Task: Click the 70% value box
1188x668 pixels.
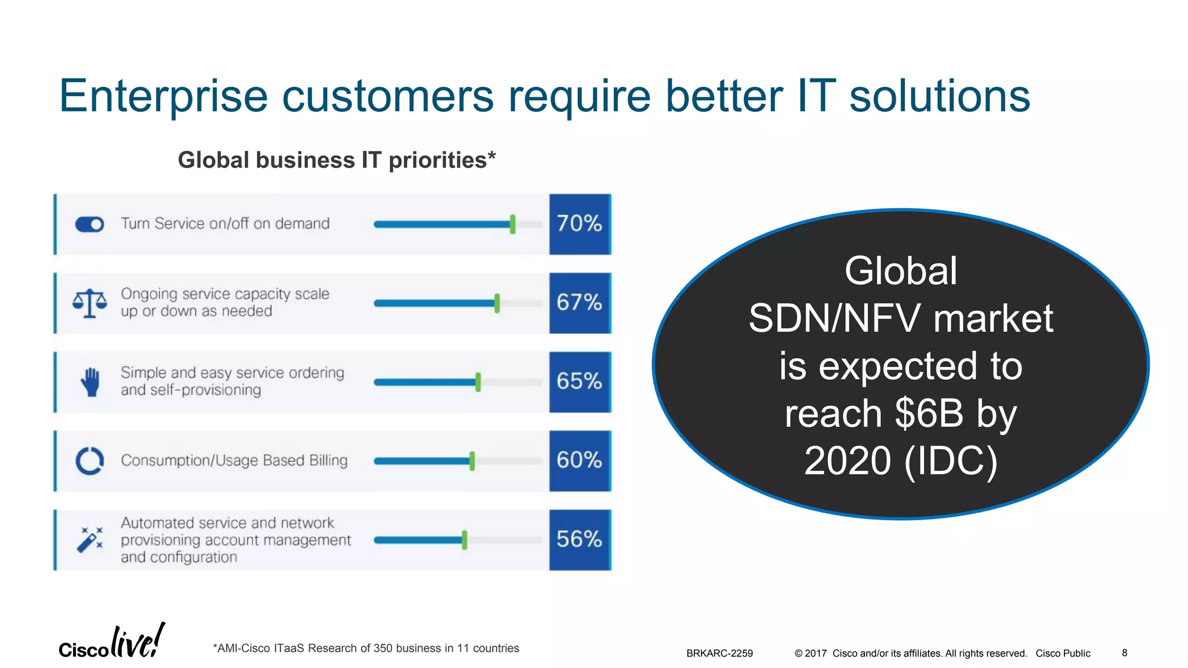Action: tap(580, 224)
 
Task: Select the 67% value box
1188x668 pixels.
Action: tap(580, 303)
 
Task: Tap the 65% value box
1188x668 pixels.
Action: tap(580, 382)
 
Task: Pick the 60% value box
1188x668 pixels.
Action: tap(580, 460)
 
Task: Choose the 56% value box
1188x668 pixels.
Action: tap(580, 539)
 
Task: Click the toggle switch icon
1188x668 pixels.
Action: tap(89, 224)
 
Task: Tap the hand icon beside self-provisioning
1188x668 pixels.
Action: tap(90, 382)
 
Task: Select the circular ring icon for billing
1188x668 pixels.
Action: tap(90, 461)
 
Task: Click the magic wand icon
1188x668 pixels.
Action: tap(90, 540)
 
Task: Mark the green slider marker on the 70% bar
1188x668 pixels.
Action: tap(512, 224)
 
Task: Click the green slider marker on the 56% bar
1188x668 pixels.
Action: tap(464, 540)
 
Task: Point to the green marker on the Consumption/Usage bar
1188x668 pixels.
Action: tap(472, 461)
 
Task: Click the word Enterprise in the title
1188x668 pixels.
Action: tap(163, 97)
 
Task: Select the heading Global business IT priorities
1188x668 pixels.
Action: tap(336, 160)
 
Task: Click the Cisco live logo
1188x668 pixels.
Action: tap(112, 642)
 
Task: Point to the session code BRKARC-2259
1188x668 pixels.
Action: tap(719, 654)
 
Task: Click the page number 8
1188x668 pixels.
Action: tap(1124, 653)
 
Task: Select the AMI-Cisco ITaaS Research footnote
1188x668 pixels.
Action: tap(366, 648)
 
